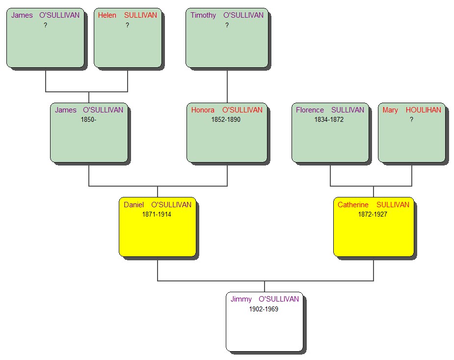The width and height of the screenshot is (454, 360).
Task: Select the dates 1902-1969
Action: tap(264, 309)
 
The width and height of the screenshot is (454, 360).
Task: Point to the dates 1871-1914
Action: tap(157, 215)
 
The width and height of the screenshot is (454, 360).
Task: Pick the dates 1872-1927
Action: tap(373, 215)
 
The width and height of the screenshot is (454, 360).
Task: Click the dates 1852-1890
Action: tap(226, 120)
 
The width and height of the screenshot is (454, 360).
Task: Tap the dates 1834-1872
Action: tap(329, 120)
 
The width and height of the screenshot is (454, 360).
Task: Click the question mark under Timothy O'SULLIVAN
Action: tap(227, 26)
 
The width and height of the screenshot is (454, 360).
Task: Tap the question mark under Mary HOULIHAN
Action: tap(411, 120)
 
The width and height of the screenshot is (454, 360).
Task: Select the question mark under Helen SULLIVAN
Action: tap(127, 26)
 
